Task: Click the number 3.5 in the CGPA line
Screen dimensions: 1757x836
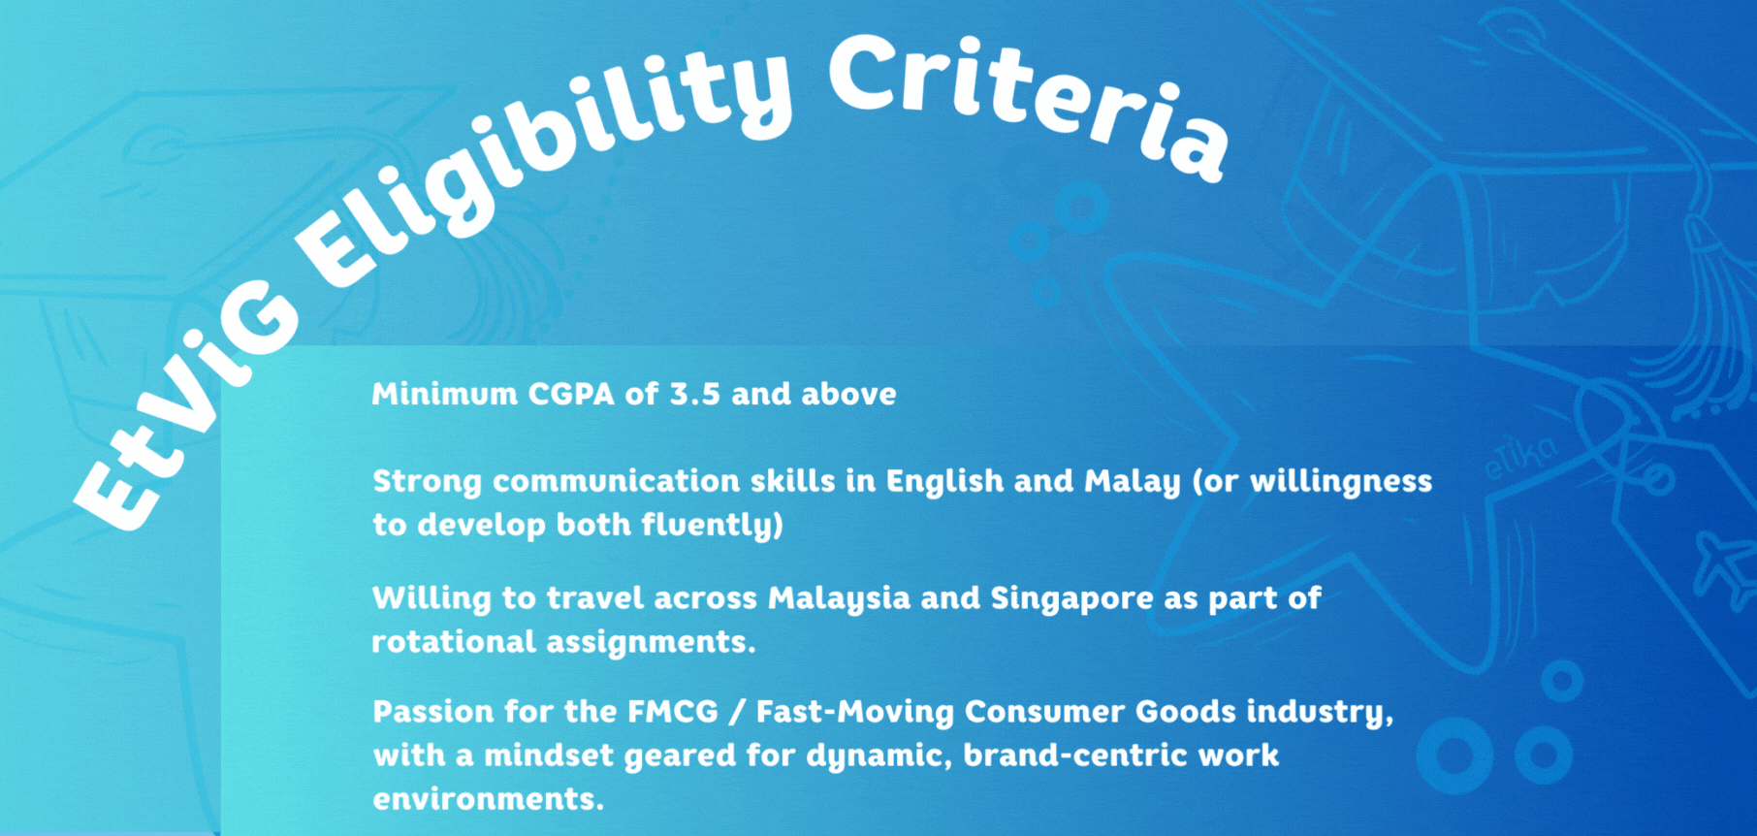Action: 695,394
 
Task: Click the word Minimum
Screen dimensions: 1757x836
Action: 444,394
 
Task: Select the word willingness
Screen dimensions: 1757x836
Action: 1341,482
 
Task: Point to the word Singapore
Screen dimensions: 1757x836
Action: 1071,598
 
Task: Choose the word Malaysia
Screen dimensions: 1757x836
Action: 839,598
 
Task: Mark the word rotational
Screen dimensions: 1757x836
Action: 454,641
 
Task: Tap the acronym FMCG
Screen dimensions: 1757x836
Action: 673,712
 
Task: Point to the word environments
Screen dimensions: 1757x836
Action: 488,799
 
